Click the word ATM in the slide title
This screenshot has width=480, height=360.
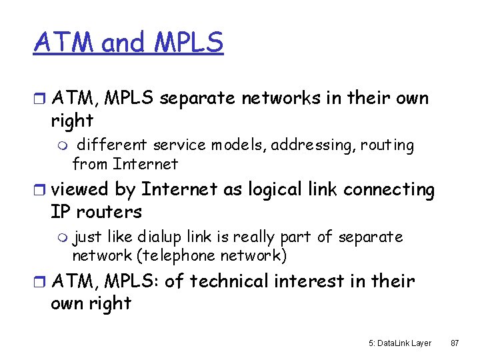click(65, 43)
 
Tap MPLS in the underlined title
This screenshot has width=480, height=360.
click(189, 43)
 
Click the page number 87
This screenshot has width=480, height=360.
click(455, 343)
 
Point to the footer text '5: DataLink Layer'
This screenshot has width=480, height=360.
click(400, 343)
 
